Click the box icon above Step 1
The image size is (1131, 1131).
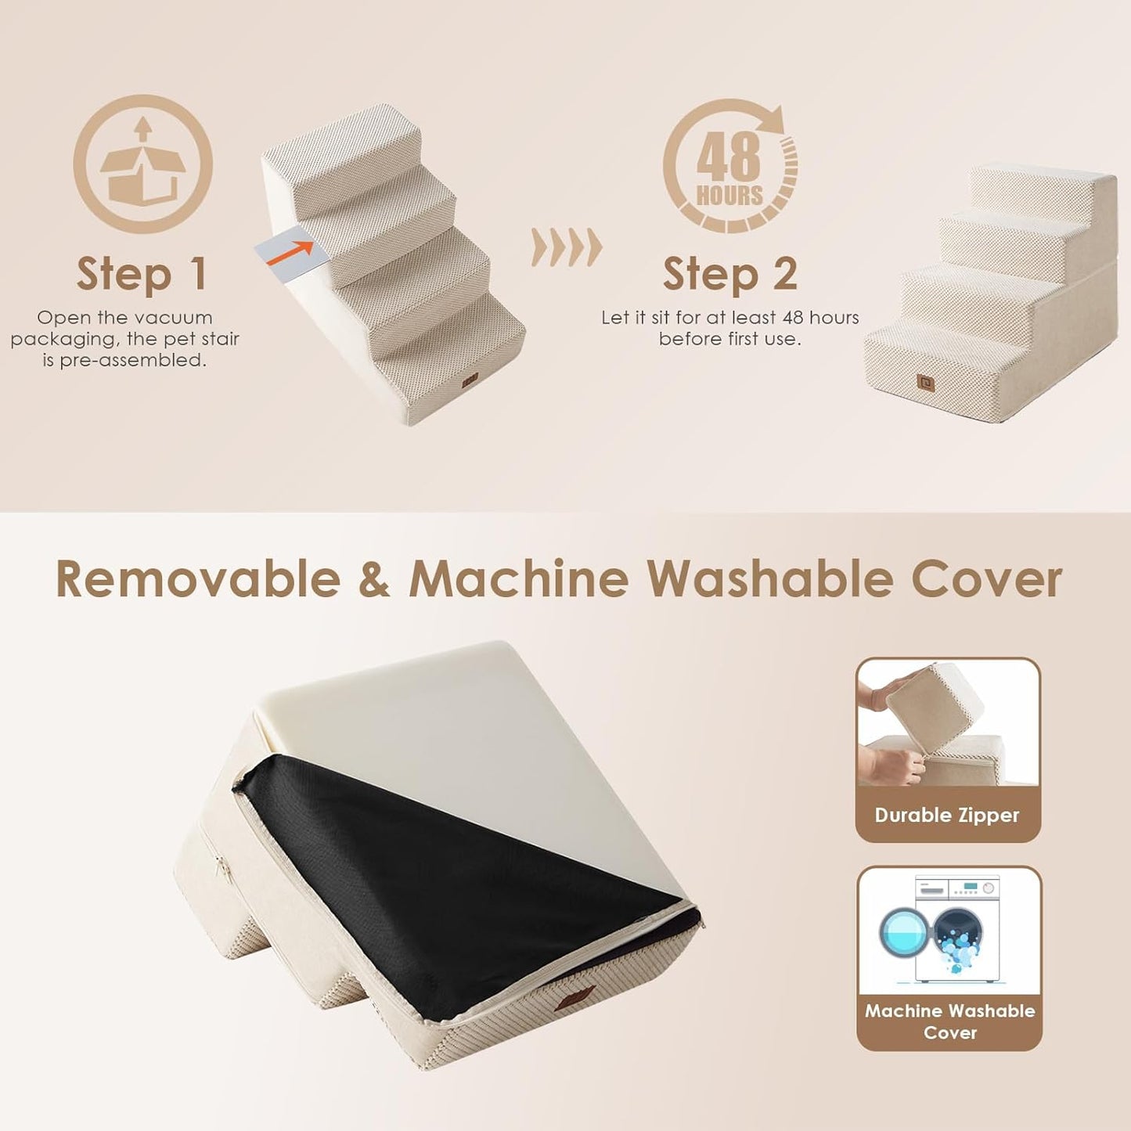point(142,164)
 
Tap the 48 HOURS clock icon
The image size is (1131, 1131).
point(730,167)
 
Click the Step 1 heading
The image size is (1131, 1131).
point(142,274)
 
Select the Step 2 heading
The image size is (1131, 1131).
point(729,274)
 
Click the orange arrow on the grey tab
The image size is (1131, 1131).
point(290,253)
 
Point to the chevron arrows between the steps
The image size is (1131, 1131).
point(567,248)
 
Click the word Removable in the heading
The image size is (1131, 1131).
point(198,580)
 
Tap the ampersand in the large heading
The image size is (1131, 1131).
point(374,580)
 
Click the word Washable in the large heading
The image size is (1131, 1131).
point(769,580)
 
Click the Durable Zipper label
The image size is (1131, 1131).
point(947,815)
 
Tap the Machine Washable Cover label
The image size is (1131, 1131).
point(949,1021)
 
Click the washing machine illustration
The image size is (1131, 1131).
point(949,929)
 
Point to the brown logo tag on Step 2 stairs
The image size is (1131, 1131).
point(927,384)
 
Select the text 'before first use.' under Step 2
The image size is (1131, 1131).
point(729,339)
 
